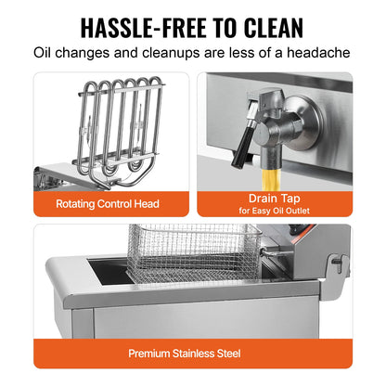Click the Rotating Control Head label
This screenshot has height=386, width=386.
[x=108, y=203]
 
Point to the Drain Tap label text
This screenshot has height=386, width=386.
[x=273, y=196]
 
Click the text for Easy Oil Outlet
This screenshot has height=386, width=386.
[x=273, y=210]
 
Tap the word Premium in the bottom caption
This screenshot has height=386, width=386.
[x=148, y=354]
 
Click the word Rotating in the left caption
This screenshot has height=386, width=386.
[x=79, y=203]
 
